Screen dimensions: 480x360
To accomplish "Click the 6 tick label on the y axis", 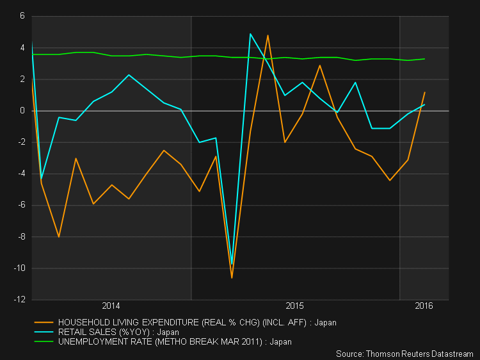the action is [22, 16].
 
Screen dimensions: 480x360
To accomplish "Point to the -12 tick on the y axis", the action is [19, 299].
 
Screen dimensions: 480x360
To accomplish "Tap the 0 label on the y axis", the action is [22, 111].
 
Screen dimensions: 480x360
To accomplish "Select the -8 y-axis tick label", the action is [21, 237].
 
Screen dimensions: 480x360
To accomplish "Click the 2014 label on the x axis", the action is [111, 306].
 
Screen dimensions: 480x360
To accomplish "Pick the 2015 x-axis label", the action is [294, 306].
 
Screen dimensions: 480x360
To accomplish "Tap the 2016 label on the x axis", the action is [424, 306].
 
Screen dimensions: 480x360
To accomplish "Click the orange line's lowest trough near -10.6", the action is [232, 278].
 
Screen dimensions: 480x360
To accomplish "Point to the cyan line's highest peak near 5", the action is [250, 34].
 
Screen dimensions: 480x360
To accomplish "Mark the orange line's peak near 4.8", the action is [268, 35].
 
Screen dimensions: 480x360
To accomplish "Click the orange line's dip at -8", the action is [59, 237].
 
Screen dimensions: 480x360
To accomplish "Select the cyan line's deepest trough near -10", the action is [232, 264].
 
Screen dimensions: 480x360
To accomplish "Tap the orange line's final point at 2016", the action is [424, 92].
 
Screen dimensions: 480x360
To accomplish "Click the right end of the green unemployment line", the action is [424, 59].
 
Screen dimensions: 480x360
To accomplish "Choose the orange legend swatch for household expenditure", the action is [44, 322].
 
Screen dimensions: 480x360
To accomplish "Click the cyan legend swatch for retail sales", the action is [44, 332].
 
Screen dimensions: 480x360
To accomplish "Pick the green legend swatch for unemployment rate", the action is [44, 341].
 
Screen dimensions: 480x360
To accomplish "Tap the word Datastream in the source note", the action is [452, 354].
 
